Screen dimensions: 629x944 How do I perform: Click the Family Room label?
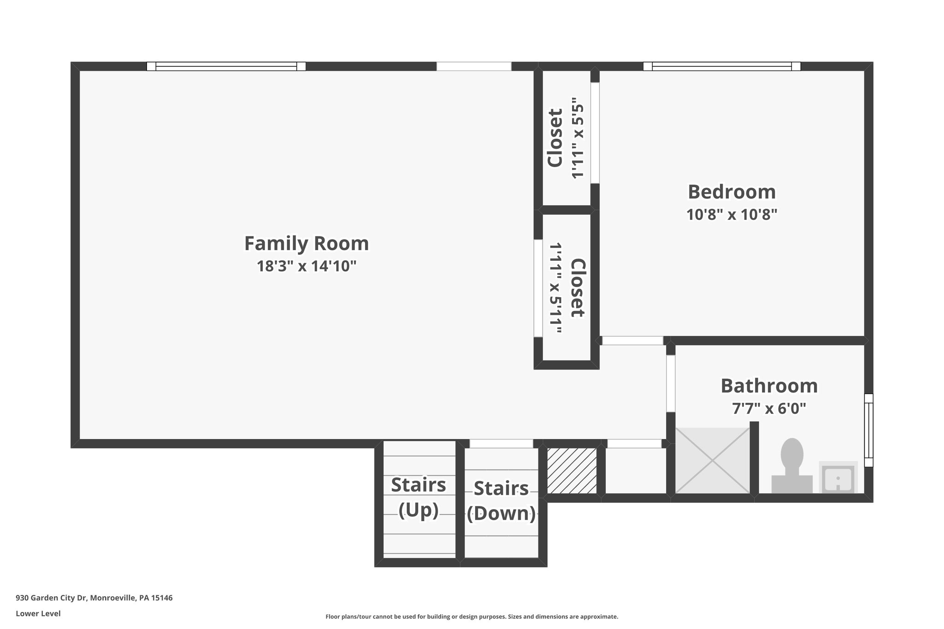306,243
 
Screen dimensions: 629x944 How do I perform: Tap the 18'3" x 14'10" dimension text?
306,266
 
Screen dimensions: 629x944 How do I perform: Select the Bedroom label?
732,192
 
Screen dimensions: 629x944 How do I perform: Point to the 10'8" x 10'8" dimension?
732,215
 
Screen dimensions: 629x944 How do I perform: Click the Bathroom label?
769,386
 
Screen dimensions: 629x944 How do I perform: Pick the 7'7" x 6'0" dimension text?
769,408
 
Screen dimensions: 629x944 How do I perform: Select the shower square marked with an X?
713,460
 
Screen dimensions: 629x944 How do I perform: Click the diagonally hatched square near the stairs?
572,470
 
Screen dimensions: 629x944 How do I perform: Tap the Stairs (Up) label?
419,497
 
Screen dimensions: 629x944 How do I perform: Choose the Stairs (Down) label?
501,500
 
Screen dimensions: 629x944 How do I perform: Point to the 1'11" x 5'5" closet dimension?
578,138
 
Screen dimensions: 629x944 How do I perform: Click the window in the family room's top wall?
226,66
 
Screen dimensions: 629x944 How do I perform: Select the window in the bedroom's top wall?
721,66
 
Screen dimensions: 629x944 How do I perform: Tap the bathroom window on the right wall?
868,430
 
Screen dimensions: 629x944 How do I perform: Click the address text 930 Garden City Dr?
94,598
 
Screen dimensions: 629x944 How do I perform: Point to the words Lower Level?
38,613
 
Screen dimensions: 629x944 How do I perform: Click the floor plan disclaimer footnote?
472,617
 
